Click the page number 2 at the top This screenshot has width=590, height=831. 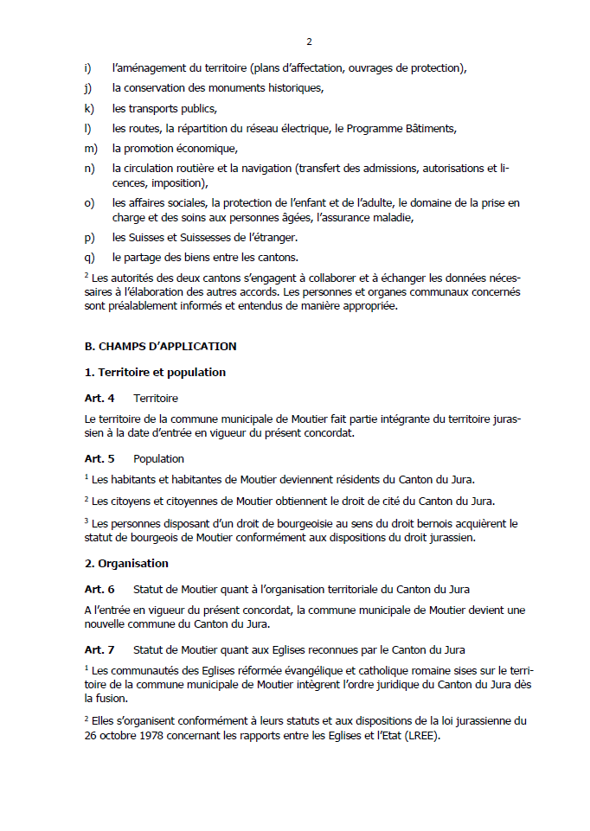tap(309, 42)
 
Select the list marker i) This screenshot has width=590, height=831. tap(87, 67)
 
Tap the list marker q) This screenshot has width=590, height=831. tap(88, 258)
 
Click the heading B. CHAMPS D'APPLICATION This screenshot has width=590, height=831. tap(160, 346)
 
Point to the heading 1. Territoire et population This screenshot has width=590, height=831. tap(155, 372)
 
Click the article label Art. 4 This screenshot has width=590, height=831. tap(99, 398)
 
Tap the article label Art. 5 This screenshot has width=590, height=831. tap(99, 458)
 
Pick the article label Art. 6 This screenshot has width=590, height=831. tap(99, 589)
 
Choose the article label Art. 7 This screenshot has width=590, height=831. tap(99, 649)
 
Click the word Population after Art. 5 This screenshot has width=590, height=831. tap(158, 458)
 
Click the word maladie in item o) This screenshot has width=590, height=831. tap(394, 218)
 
